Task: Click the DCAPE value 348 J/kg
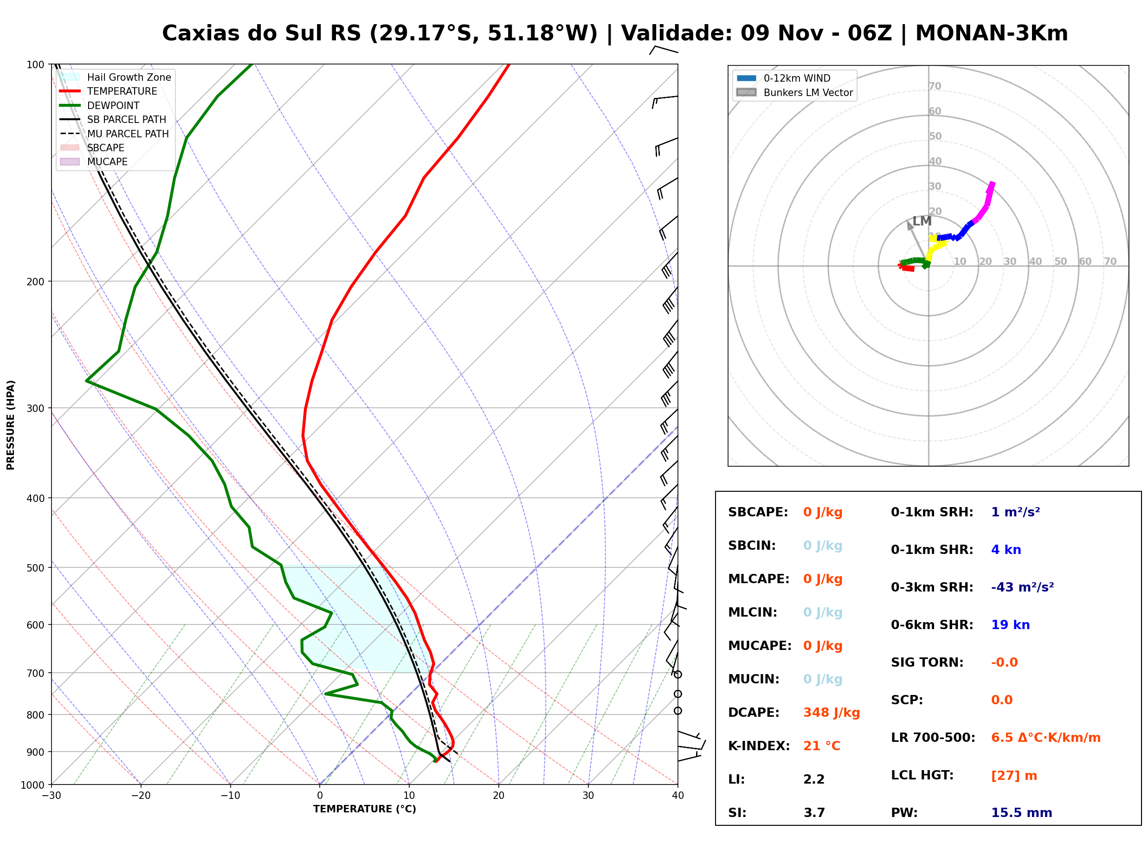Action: pos(832,713)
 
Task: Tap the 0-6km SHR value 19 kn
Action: pos(1010,625)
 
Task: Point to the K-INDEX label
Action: pos(759,746)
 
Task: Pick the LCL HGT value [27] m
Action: pos(1014,776)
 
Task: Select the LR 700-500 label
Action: pos(933,738)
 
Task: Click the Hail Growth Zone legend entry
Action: pos(115,77)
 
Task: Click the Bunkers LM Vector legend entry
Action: pos(794,92)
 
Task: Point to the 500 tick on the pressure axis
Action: pos(35,568)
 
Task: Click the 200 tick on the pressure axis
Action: pos(35,282)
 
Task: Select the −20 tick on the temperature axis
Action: pos(140,796)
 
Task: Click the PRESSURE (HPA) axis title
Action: pos(11,425)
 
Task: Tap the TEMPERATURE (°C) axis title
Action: pos(364,809)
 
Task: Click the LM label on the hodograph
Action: pos(922,221)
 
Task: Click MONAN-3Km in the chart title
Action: pos(991,33)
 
